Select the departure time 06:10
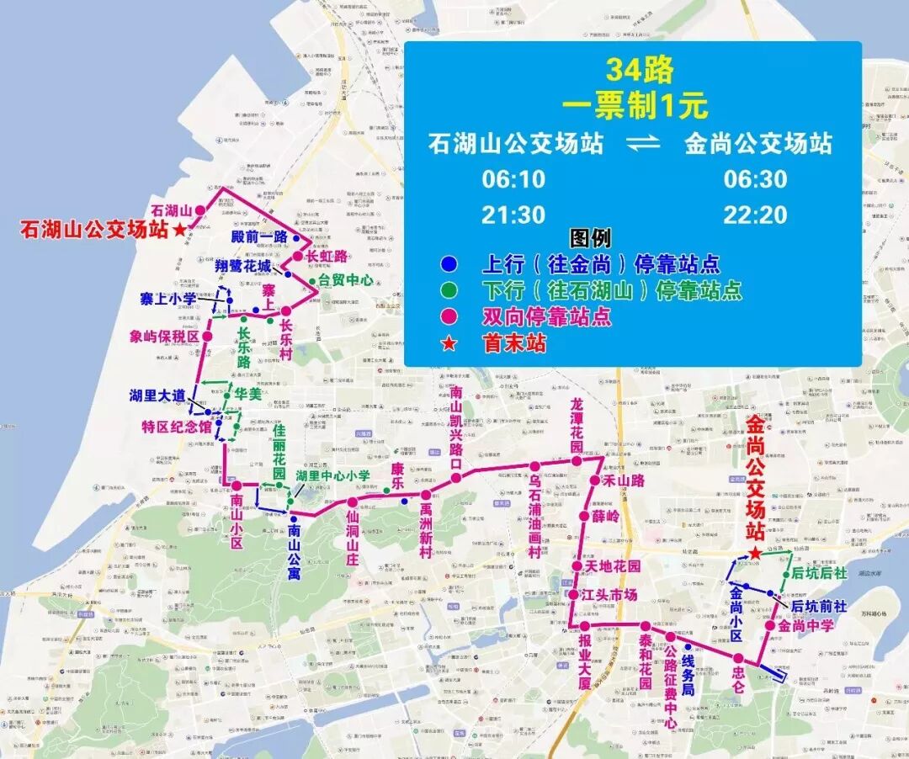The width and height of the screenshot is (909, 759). coord(513,179)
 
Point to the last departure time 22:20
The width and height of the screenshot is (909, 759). coord(755,215)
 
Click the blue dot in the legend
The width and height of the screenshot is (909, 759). coord(449,264)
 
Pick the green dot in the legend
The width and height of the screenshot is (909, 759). coord(449,291)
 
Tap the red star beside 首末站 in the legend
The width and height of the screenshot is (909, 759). coord(449,343)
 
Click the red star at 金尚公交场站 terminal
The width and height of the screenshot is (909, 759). coord(756,553)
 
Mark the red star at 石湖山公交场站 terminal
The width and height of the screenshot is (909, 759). coord(179,230)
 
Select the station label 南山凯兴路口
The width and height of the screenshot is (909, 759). coord(456,428)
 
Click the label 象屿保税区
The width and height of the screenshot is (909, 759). coord(164,337)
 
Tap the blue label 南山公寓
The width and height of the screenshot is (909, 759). coord(294,551)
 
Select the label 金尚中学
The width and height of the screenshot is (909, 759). coord(805,625)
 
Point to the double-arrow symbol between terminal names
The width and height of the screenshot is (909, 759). coord(644,144)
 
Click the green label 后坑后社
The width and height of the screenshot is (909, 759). coord(819,575)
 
